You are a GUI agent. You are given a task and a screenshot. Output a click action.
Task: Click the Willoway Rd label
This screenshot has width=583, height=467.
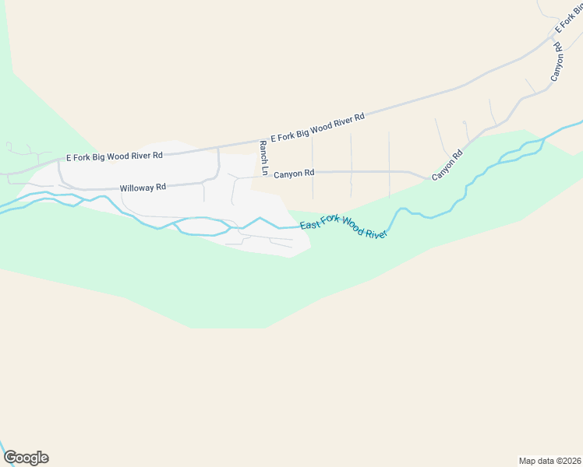pos(143,188)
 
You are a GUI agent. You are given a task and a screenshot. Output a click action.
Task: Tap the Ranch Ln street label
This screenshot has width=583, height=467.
pos(264,158)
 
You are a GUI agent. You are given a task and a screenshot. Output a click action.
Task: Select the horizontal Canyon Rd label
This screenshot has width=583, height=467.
pos(294,174)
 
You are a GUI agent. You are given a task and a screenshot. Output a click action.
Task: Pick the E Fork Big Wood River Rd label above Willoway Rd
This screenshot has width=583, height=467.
pos(115,156)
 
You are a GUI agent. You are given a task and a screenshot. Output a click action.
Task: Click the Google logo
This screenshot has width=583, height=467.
pos(26,458)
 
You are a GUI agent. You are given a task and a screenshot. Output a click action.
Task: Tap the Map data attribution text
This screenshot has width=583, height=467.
pos(550,461)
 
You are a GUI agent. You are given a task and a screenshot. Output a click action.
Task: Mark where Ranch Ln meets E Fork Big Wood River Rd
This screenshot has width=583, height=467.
pos(260,142)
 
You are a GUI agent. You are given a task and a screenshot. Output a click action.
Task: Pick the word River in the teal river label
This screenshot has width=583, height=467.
pos(375,233)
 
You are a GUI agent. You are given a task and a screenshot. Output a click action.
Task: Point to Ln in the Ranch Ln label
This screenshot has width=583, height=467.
pos(264,169)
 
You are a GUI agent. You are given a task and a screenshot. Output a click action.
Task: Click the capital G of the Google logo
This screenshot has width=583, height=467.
pos(10,458)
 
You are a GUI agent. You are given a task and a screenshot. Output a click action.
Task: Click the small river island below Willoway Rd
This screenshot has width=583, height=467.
pos(202,226)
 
